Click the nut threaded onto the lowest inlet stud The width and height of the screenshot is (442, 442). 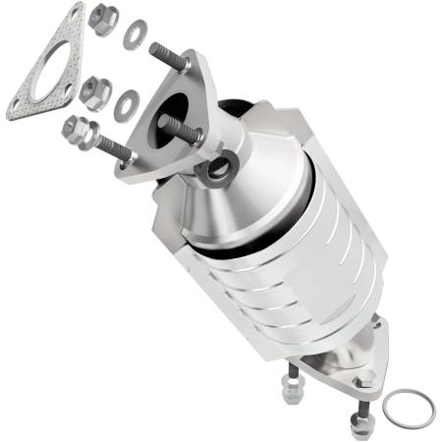tap(79, 131)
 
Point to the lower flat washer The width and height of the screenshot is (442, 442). tap(126, 103)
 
